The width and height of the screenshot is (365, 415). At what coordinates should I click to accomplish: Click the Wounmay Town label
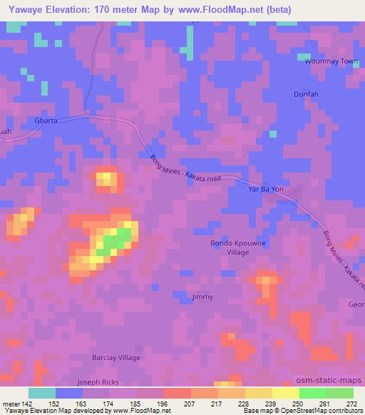tap(330, 61)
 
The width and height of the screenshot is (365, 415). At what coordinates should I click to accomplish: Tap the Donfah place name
tap(306, 94)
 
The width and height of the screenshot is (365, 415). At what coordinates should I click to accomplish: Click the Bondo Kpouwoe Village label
tap(230, 247)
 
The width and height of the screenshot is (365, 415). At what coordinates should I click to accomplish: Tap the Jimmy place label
tap(202, 297)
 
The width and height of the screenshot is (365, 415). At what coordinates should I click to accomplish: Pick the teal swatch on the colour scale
tap(42, 393)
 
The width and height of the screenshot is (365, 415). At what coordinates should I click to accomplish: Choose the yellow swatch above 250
tap(285, 393)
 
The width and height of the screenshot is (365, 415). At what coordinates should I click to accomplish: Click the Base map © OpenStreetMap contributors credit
tap(303, 411)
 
